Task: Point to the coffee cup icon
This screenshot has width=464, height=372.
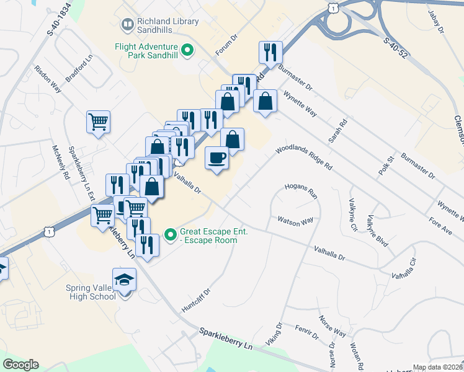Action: point(216,158)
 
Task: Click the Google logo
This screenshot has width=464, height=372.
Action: point(20,365)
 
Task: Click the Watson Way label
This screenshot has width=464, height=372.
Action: point(295,221)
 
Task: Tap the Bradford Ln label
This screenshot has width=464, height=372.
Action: point(78,76)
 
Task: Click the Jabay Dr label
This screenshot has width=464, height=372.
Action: point(437,20)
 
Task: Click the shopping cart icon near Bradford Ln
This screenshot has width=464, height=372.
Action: point(99,122)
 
